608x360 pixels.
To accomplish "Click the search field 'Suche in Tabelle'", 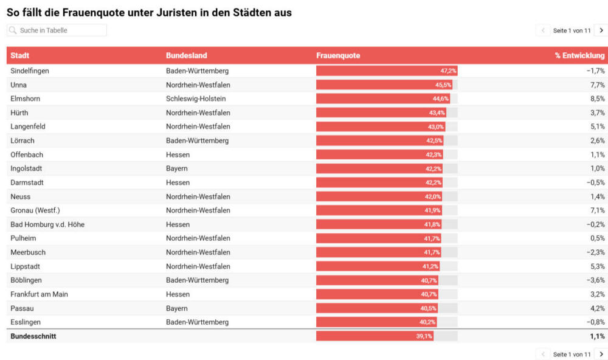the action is [x=57, y=30].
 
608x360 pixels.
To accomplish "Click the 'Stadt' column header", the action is [x=20, y=55].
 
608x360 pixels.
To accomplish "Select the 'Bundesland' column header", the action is [x=187, y=55].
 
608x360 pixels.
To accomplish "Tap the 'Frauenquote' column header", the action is [x=338, y=55].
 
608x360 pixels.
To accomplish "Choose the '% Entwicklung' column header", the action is [x=579, y=55].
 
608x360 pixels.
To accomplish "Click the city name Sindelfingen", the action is [x=30, y=71].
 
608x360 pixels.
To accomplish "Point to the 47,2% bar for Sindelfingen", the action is [x=387, y=71].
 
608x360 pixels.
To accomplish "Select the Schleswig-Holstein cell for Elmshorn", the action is [x=196, y=99].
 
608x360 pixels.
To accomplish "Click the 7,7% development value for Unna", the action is [x=598, y=85].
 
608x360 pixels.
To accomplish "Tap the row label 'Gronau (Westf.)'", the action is [x=35, y=210].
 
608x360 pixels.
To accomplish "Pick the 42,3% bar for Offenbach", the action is [x=379, y=154].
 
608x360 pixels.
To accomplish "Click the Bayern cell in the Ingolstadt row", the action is [x=177, y=168].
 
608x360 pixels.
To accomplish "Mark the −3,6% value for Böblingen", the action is [x=596, y=280].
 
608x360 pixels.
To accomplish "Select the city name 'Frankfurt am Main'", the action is [x=39, y=294].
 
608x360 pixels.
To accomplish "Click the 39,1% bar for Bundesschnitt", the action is [x=375, y=336].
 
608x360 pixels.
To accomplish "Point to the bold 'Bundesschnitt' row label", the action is [x=33, y=336].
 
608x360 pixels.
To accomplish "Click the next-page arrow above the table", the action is [x=601, y=30].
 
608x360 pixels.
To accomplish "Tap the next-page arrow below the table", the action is [x=601, y=354].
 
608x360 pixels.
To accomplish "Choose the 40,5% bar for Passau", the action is [x=378, y=308].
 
